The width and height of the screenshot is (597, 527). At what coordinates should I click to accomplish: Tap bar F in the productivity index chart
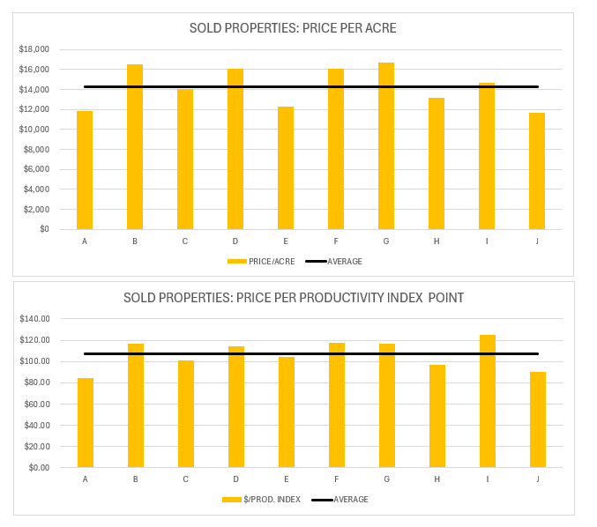[x=336, y=405]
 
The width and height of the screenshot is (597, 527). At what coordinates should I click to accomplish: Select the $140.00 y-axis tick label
[x=35, y=319]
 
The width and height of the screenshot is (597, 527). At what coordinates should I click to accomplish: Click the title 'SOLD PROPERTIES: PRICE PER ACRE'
[x=293, y=28]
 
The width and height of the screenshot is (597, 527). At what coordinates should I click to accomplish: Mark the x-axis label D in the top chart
[x=235, y=241]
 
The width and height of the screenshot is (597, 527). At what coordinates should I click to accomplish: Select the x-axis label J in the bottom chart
[x=537, y=479]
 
